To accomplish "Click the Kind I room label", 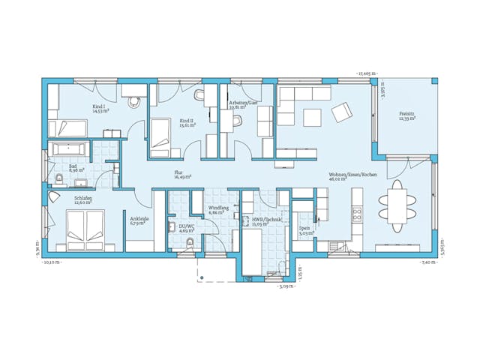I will point(98,106).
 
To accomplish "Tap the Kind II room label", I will point(187,120).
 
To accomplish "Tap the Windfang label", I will point(218,208).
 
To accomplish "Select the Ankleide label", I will point(139,219).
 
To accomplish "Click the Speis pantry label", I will point(304,228).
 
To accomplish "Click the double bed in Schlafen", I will point(85,227).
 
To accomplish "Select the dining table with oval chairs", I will point(394,202).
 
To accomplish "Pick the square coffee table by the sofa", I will point(312,117).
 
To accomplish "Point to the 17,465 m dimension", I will point(367,73).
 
